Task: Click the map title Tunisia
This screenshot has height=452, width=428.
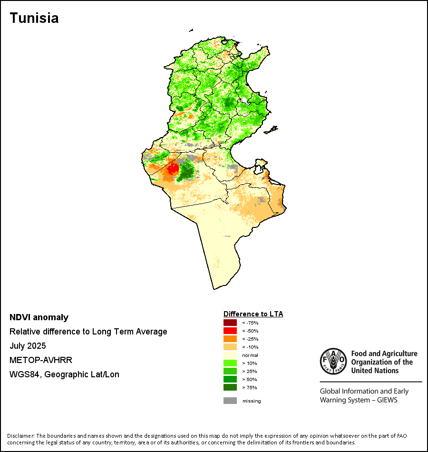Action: point(34,18)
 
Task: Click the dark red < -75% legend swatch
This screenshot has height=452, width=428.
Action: point(230,323)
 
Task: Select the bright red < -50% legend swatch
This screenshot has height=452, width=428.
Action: point(230,331)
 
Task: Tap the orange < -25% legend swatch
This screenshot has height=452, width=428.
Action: point(230,339)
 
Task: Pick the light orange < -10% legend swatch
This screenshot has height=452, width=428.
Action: point(230,347)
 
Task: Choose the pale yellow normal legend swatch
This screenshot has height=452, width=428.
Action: point(230,355)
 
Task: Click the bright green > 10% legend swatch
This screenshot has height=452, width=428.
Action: point(230,363)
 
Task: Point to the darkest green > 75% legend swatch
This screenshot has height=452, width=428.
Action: point(230,387)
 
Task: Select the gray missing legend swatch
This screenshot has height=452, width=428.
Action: point(230,401)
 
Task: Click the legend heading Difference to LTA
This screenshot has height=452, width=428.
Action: point(253,314)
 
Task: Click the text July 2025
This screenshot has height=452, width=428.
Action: point(28,346)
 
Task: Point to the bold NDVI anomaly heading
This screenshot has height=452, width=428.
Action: point(39,317)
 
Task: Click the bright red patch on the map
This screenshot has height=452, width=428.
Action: point(173,168)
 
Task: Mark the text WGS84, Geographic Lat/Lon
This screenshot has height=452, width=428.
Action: point(64,374)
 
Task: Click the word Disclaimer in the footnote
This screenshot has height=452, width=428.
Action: point(20,436)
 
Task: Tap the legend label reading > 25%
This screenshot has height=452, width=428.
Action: point(250,371)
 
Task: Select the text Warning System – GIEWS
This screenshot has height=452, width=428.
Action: point(359,400)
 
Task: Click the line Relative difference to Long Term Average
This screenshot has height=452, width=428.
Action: point(88,332)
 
